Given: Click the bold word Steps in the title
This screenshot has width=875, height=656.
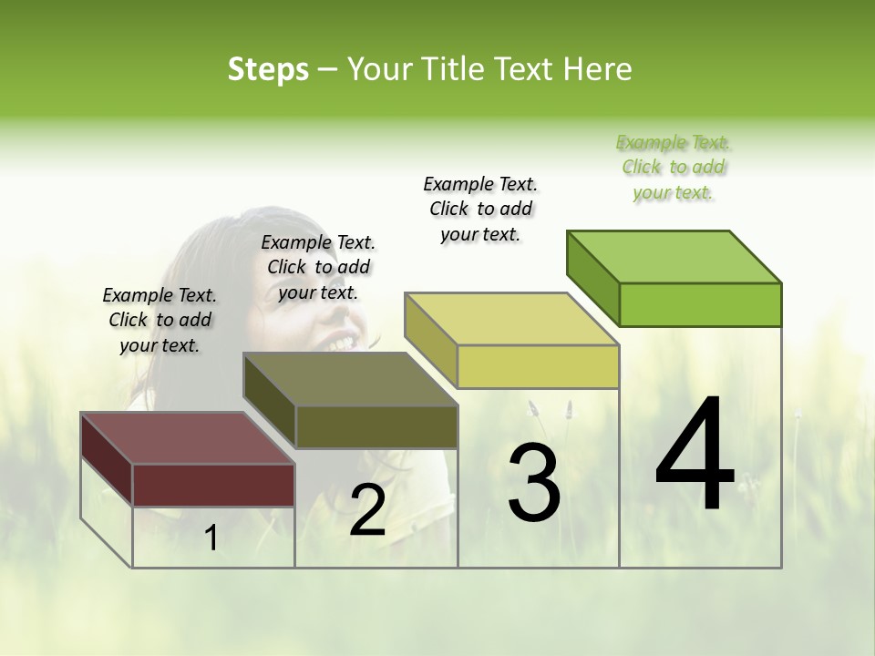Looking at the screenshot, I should click(268, 69).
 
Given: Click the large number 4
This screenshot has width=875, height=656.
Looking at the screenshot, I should click(695, 456).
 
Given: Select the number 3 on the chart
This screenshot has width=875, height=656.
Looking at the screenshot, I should click(533, 483).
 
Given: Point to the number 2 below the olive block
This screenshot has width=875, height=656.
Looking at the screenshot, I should click(367, 511).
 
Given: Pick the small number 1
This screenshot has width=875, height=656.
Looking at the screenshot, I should click(211, 538).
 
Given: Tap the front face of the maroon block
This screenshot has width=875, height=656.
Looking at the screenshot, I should click(213, 485).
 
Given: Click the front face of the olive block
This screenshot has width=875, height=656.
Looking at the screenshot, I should click(376, 426).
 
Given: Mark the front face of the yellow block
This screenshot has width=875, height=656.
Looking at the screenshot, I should click(538, 366).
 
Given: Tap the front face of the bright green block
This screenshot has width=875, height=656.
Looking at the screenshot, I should click(700, 304).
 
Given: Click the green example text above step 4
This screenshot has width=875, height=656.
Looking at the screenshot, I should click(674, 168).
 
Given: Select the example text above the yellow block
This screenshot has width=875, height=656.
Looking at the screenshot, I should click(480, 209).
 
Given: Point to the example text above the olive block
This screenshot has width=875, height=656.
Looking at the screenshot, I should click(318, 267).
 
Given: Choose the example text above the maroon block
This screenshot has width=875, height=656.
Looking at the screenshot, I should click(160, 320).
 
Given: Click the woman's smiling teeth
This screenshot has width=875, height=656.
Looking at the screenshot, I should click(341, 342).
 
